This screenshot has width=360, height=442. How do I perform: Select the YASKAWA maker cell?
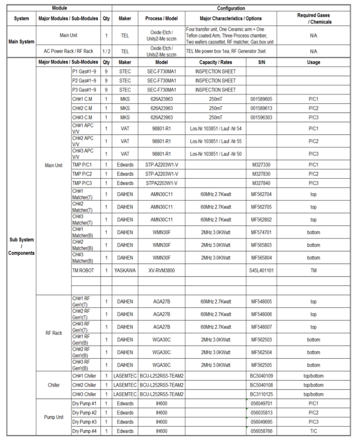tap(125, 270)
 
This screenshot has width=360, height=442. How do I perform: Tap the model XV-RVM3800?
tap(161, 270)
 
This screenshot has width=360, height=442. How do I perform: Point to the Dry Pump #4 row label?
tap(84, 431)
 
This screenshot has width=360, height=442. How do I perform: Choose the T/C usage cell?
tap(313, 431)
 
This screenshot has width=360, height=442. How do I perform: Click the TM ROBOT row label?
tap(83, 270)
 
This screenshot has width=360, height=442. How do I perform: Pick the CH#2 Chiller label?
tap(84, 385)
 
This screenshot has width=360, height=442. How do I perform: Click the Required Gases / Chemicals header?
tap(313, 19)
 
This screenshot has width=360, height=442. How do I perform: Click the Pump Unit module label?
tap(53, 417)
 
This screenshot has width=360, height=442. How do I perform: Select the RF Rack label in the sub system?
tap(53, 333)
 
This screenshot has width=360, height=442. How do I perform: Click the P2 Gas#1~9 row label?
tap(84, 80)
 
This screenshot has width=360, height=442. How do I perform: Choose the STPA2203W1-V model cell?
tap(161, 183)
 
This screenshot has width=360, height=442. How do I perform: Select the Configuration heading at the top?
tap(231, 8)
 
